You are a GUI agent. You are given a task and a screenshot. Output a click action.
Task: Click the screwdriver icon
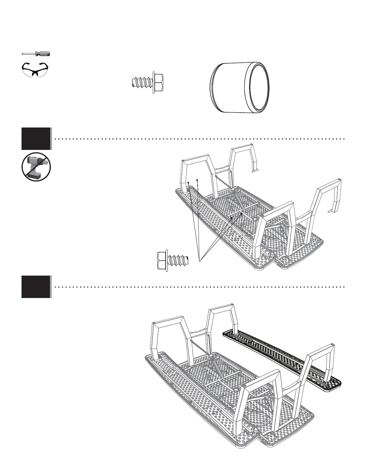tap(36, 54)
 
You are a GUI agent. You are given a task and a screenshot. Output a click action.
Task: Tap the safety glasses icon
tap(36, 70)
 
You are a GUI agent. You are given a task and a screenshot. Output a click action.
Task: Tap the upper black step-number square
tap(36, 139)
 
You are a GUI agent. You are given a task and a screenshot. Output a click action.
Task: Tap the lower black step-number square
tap(36, 287)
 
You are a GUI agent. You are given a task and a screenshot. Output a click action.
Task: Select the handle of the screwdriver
tap(43, 54)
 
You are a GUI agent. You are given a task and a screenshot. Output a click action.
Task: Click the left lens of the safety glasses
tap(29, 70)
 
